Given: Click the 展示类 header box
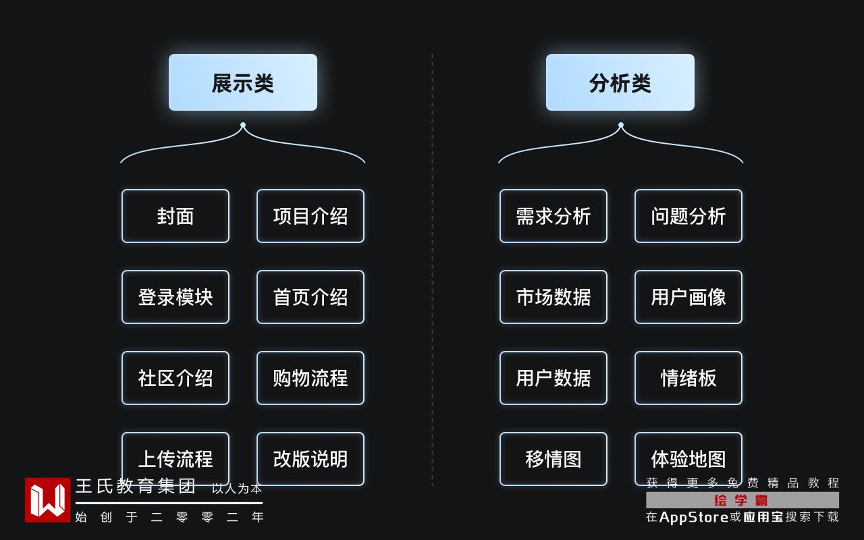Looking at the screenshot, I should (x=243, y=82).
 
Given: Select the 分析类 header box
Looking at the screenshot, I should (x=620, y=82).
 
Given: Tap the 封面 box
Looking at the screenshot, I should (x=175, y=216).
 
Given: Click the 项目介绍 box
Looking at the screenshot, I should (x=310, y=216).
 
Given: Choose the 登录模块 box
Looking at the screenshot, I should (x=175, y=297).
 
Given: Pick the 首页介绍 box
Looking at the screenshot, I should (x=310, y=297).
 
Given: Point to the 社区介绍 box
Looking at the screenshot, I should (x=175, y=378).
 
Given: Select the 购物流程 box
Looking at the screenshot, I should (x=310, y=378).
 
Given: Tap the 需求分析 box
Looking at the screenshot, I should (x=553, y=216).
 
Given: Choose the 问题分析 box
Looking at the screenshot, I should (x=688, y=216).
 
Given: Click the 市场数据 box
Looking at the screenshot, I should (x=553, y=297).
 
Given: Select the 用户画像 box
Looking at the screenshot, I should (x=688, y=297).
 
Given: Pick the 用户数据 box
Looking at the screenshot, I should (x=553, y=378).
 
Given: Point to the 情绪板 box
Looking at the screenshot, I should (x=688, y=378).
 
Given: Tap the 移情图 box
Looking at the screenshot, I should (x=553, y=459).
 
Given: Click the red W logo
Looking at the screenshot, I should (x=47, y=500).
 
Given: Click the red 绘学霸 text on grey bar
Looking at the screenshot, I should (x=741, y=500).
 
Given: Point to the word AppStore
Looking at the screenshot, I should (x=693, y=517).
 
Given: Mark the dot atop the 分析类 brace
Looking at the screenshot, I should (x=621, y=125).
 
